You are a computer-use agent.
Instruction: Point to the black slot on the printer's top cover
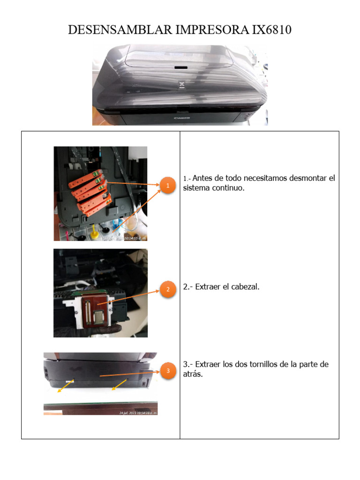click(x=180, y=67)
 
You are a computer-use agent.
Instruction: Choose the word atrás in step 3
click(x=192, y=374)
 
